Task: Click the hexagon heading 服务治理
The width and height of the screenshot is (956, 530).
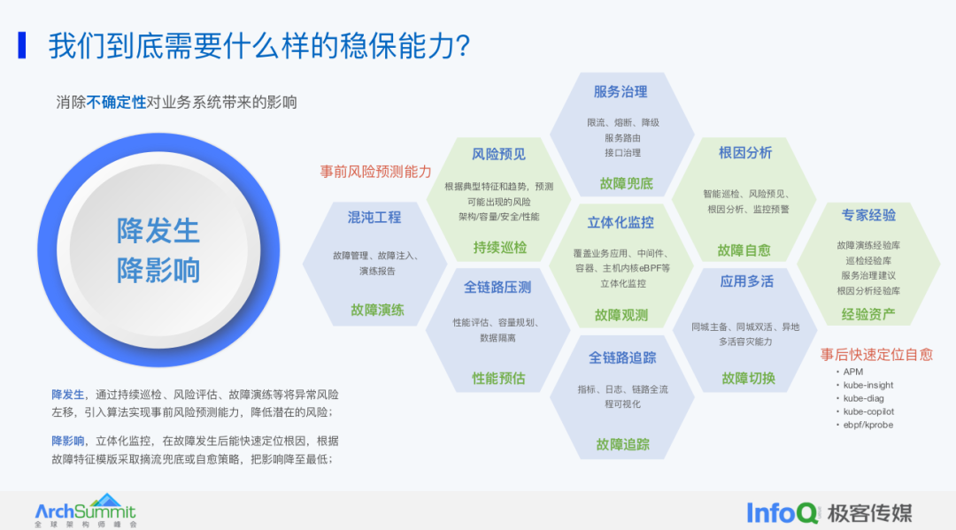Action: pyautogui.click(x=620, y=91)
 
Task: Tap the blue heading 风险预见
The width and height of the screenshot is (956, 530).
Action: pyautogui.click(x=498, y=154)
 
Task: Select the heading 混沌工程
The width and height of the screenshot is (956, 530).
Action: pyautogui.click(x=374, y=217)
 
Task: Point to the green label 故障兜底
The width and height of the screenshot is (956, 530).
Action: pyautogui.click(x=625, y=183)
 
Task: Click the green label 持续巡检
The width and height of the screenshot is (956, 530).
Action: pyautogui.click(x=499, y=247)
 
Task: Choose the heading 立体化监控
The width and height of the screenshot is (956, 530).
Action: pyautogui.click(x=621, y=222)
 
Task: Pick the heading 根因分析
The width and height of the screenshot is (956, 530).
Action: pyautogui.click(x=745, y=153)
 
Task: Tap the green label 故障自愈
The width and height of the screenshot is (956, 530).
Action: pyautogui.click(x=744, y=250)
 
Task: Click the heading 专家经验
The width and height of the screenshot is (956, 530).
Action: pyautogui.click(x=868, y=215)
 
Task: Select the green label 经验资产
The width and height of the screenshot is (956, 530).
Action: pyautogui.click(x=867, y=314)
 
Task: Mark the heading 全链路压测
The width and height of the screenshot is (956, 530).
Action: pyautogui.click(x=497, y=288)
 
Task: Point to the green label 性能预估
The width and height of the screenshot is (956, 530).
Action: pyautogui.click(x=498, y=378)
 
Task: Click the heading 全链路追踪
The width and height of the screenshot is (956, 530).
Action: pyautogui.click(x=622, y=357)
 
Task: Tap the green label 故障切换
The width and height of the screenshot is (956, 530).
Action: pyautogui.click(x=748, y=378)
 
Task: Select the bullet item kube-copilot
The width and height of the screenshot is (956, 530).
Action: pyautogui.click(x=868, y=411)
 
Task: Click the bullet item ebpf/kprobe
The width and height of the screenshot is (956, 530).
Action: pyautogui.click(x=868, y=425)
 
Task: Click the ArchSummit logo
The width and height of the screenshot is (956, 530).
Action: pyautogui.click(x=85, y=511)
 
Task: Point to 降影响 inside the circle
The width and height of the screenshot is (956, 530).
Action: pyautogui.click(x=158, y=270)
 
